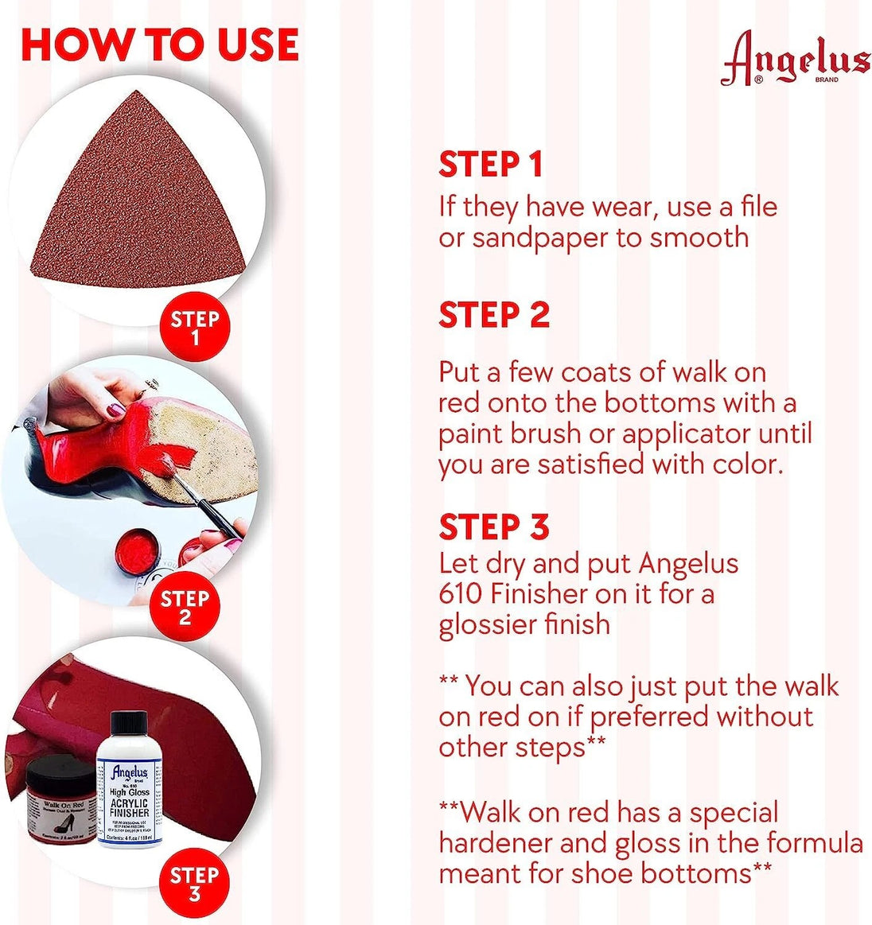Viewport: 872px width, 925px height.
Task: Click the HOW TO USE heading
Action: [x=159, y=45]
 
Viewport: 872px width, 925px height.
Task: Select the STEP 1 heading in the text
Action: [x=490, y=164]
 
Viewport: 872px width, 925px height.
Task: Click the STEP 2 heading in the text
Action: [x=494, y=314]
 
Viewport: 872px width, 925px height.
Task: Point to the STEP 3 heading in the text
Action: [x=494, y=527]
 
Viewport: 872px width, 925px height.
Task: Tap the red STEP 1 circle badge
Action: [x=194, y=328]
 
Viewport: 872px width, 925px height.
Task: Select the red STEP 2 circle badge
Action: [x=185, y=607]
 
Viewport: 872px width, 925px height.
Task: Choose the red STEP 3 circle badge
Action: [x=194, y=884]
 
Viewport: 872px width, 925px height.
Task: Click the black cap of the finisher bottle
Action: [x=129, y=729]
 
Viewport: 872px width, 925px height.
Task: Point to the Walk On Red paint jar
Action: [x=61, y=804]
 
